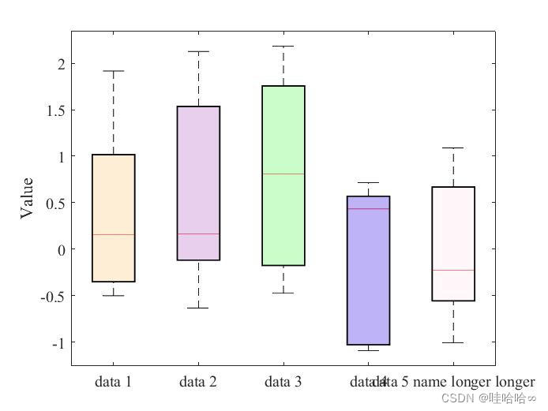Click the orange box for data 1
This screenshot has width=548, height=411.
(x=114, y=197)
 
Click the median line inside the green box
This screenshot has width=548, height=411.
(x=283, y=174)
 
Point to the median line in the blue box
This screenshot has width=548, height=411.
(x=368, y=209)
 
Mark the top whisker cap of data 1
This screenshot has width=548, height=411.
(x=114, y=71)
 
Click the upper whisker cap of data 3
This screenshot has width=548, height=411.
(x=283, y=46)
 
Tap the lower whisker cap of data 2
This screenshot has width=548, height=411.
(x=198, y=308)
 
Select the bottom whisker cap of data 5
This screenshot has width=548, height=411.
(x=453, y=342)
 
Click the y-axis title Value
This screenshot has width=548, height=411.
(x=27, y=197)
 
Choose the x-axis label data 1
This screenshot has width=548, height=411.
(x=113, y=383)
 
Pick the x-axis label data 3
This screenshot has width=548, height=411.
(x=283, y=383)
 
